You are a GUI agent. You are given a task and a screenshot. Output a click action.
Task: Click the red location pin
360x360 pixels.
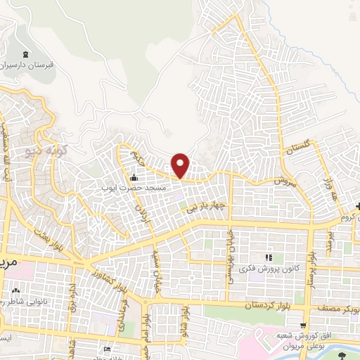click(x=181, y=165)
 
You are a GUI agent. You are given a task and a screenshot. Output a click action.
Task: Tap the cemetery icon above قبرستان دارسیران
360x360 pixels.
click(x=26, y=55)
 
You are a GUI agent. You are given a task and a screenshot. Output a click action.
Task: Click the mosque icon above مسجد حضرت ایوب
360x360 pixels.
click(x=133, y=177)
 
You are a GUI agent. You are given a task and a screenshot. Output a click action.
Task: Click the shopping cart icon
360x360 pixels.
click(x=303, y=326)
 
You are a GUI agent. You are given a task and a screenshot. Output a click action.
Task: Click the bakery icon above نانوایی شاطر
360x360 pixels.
click(x=15, y=290)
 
